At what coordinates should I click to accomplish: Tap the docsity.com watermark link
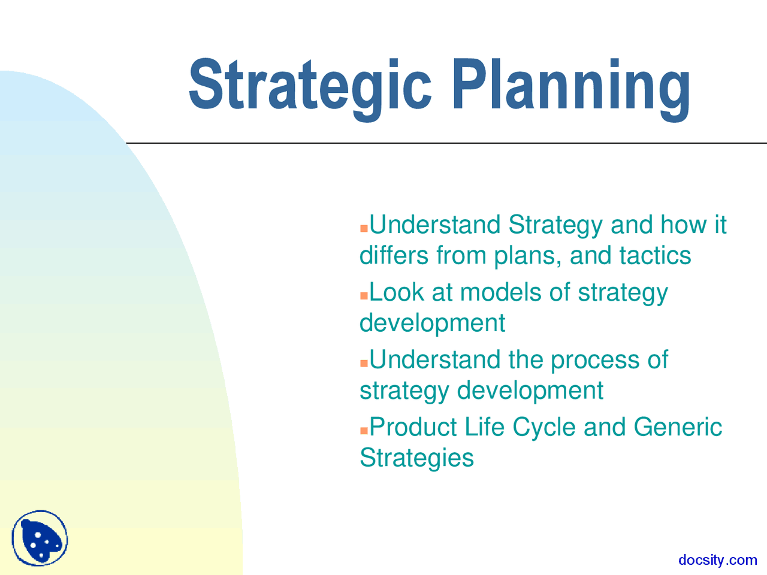(x=717, y=560)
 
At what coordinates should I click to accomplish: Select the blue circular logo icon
(x=40, y=538)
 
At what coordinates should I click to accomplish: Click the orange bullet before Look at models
(x=364, y=296)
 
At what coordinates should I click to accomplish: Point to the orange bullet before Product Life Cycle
(x=364, y=431)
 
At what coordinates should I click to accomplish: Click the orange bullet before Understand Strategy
(x=364, y=229)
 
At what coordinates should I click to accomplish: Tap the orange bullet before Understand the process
(x=364, y=364)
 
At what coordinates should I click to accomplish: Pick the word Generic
(x=678, y=428)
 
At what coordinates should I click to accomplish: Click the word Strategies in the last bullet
(x=416, y=458)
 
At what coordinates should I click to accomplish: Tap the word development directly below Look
(x=432, y=323)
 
